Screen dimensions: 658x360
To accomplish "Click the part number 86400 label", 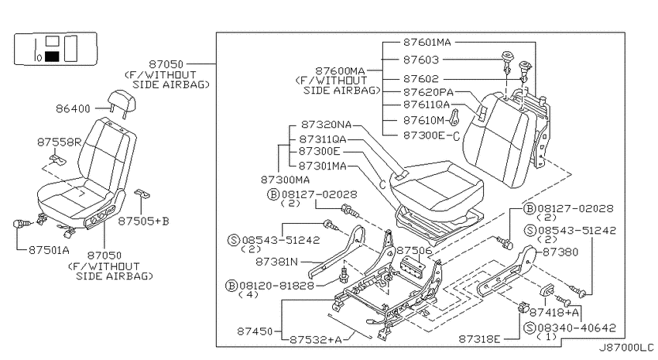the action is (73, 108).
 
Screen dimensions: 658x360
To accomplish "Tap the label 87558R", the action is (59, 142).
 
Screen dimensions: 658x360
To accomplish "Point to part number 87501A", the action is (49, 250).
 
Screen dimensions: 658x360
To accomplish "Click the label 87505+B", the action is (143, 221).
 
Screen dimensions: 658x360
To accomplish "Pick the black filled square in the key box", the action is (52, 57).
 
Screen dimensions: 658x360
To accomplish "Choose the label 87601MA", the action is (427, 43).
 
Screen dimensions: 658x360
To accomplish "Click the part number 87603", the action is (421, 60).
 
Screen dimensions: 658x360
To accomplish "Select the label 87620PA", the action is (428, 92).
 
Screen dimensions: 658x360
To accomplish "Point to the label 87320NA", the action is (326, 125).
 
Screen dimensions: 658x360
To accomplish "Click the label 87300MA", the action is (286, 180).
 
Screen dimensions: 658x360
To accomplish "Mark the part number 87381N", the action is (277, 262).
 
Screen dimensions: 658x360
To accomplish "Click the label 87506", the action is (414, 251).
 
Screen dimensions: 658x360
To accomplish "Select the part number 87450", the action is (255, 331).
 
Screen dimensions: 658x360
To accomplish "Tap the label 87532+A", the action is (316, 339).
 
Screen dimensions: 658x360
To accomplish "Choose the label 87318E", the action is (480, 339).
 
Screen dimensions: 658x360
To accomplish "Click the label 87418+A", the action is (554, 312).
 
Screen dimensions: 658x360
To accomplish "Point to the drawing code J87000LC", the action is (626, 348).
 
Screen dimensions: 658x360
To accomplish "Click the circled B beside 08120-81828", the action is (231, 286).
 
